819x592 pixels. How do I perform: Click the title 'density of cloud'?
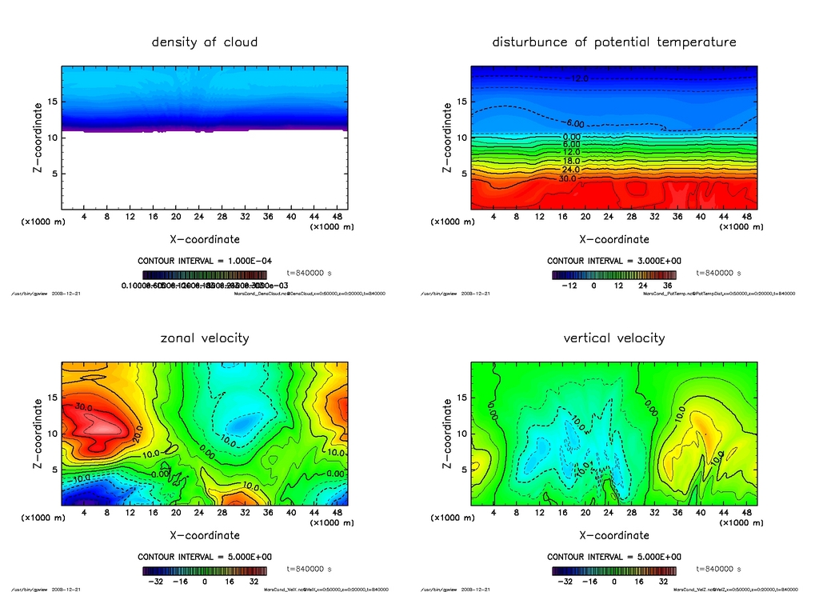click(205, 42)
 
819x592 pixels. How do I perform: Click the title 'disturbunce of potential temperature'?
click(614, 42)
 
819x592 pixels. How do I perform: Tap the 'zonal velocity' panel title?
click(205, 338)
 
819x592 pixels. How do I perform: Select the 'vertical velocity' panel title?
click(614, 338)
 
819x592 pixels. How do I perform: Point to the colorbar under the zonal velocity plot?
click(205, 571)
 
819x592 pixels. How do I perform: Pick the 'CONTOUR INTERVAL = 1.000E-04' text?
click(205, 261)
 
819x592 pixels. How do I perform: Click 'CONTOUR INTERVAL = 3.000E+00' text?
click(614, 261)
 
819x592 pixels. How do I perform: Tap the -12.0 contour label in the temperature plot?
click(578, 78)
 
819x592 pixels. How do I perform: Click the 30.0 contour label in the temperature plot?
click(567, 179)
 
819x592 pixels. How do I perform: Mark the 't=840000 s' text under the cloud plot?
click(309, 273)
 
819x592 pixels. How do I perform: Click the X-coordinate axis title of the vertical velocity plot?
click(614, 535)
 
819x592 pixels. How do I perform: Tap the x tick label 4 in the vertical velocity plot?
click(493, 513)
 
